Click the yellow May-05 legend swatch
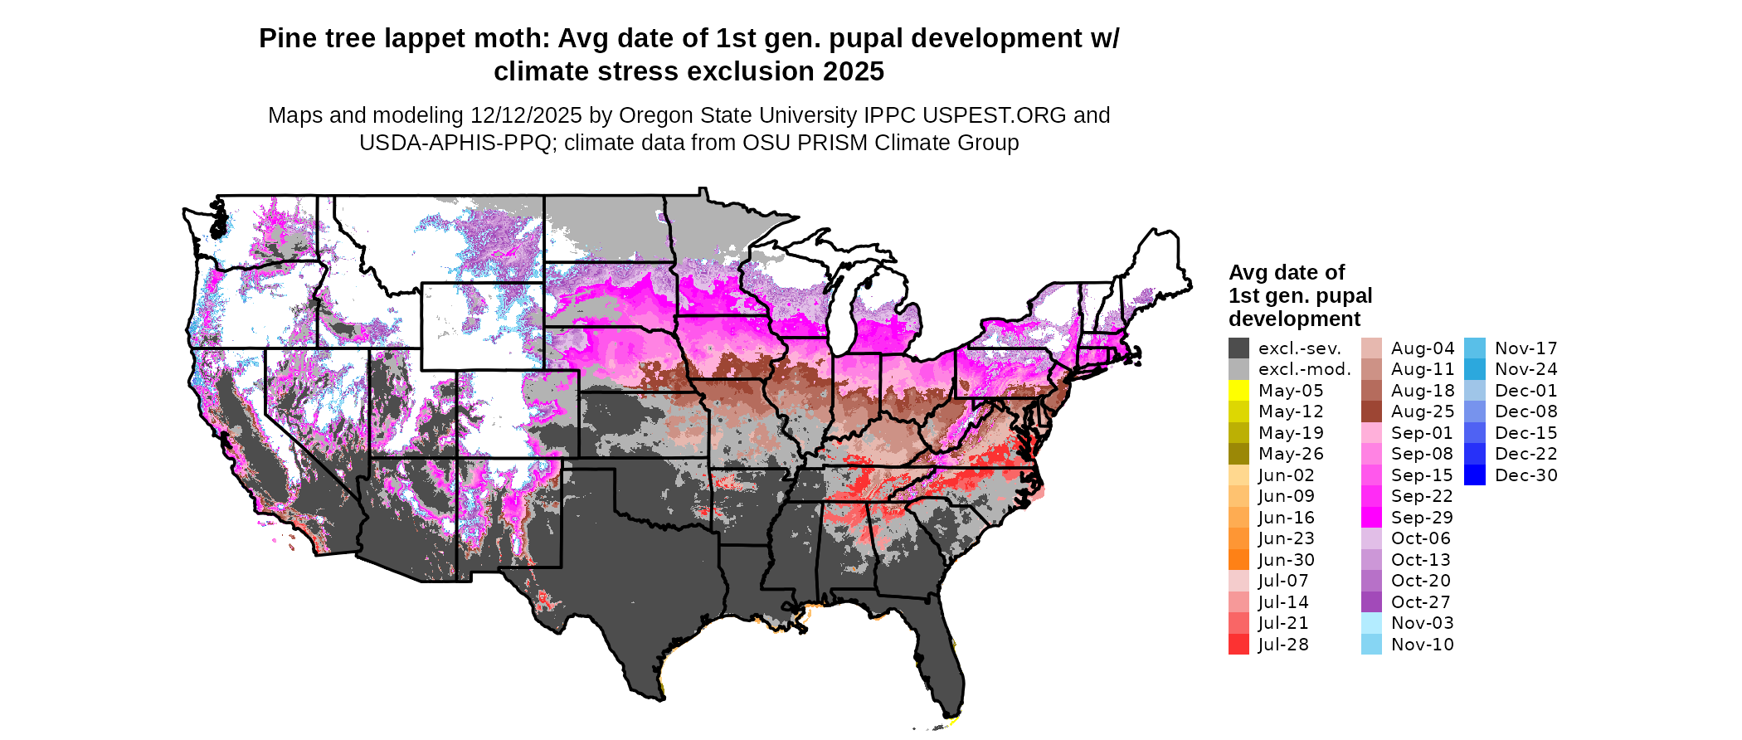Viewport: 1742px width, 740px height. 1238,391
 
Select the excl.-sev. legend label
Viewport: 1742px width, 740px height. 1299,348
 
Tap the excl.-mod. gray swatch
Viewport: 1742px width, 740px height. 1238,369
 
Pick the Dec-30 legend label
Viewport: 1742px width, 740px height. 1525,475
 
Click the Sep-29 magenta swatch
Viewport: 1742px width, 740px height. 1371,518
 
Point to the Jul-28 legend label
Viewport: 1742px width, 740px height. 1283,645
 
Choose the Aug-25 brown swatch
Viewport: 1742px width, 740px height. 1371,411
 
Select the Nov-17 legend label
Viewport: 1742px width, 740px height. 1525,348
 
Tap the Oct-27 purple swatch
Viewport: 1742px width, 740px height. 1371,602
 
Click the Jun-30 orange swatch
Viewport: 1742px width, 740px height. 1238,560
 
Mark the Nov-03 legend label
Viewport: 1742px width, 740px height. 1422,623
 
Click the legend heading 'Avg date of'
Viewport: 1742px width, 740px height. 1286,273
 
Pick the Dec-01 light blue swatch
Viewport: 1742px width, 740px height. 1474,391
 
